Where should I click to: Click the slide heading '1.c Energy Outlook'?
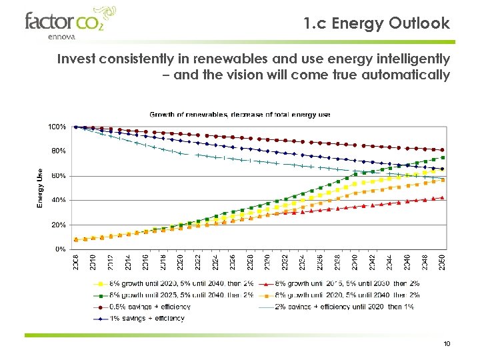coord(376,24)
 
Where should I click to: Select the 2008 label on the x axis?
coord(76,262)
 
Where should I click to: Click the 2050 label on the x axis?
coord(442,262)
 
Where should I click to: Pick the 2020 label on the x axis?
coord(181,262)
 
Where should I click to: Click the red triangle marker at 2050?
coord(442,197)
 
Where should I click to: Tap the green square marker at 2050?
coord(442,158)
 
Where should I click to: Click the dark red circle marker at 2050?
coord(442,150)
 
